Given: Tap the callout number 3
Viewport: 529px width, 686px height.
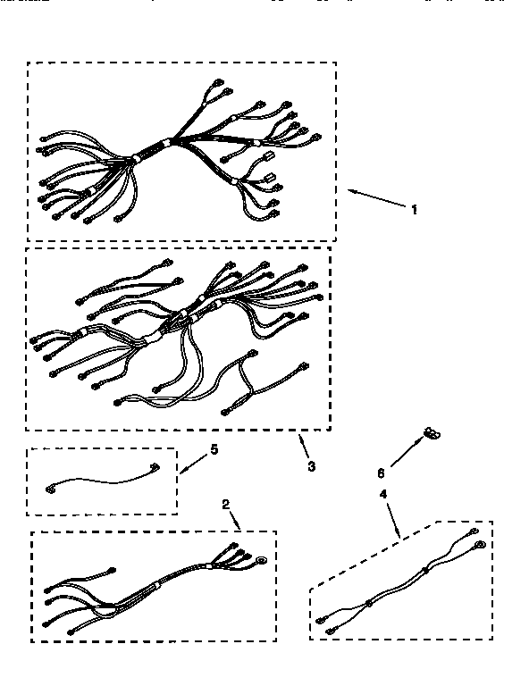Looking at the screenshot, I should click(310, 465).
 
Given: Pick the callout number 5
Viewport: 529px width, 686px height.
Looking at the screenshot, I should click(214, 449).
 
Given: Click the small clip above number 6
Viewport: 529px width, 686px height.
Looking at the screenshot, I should click(432, 433).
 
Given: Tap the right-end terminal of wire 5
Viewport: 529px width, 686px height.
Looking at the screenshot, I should click(155, 464).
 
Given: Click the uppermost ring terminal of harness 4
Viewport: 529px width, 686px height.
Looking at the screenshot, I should click(474, 531).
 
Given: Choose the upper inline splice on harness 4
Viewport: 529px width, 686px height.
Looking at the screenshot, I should click(424, 570).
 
